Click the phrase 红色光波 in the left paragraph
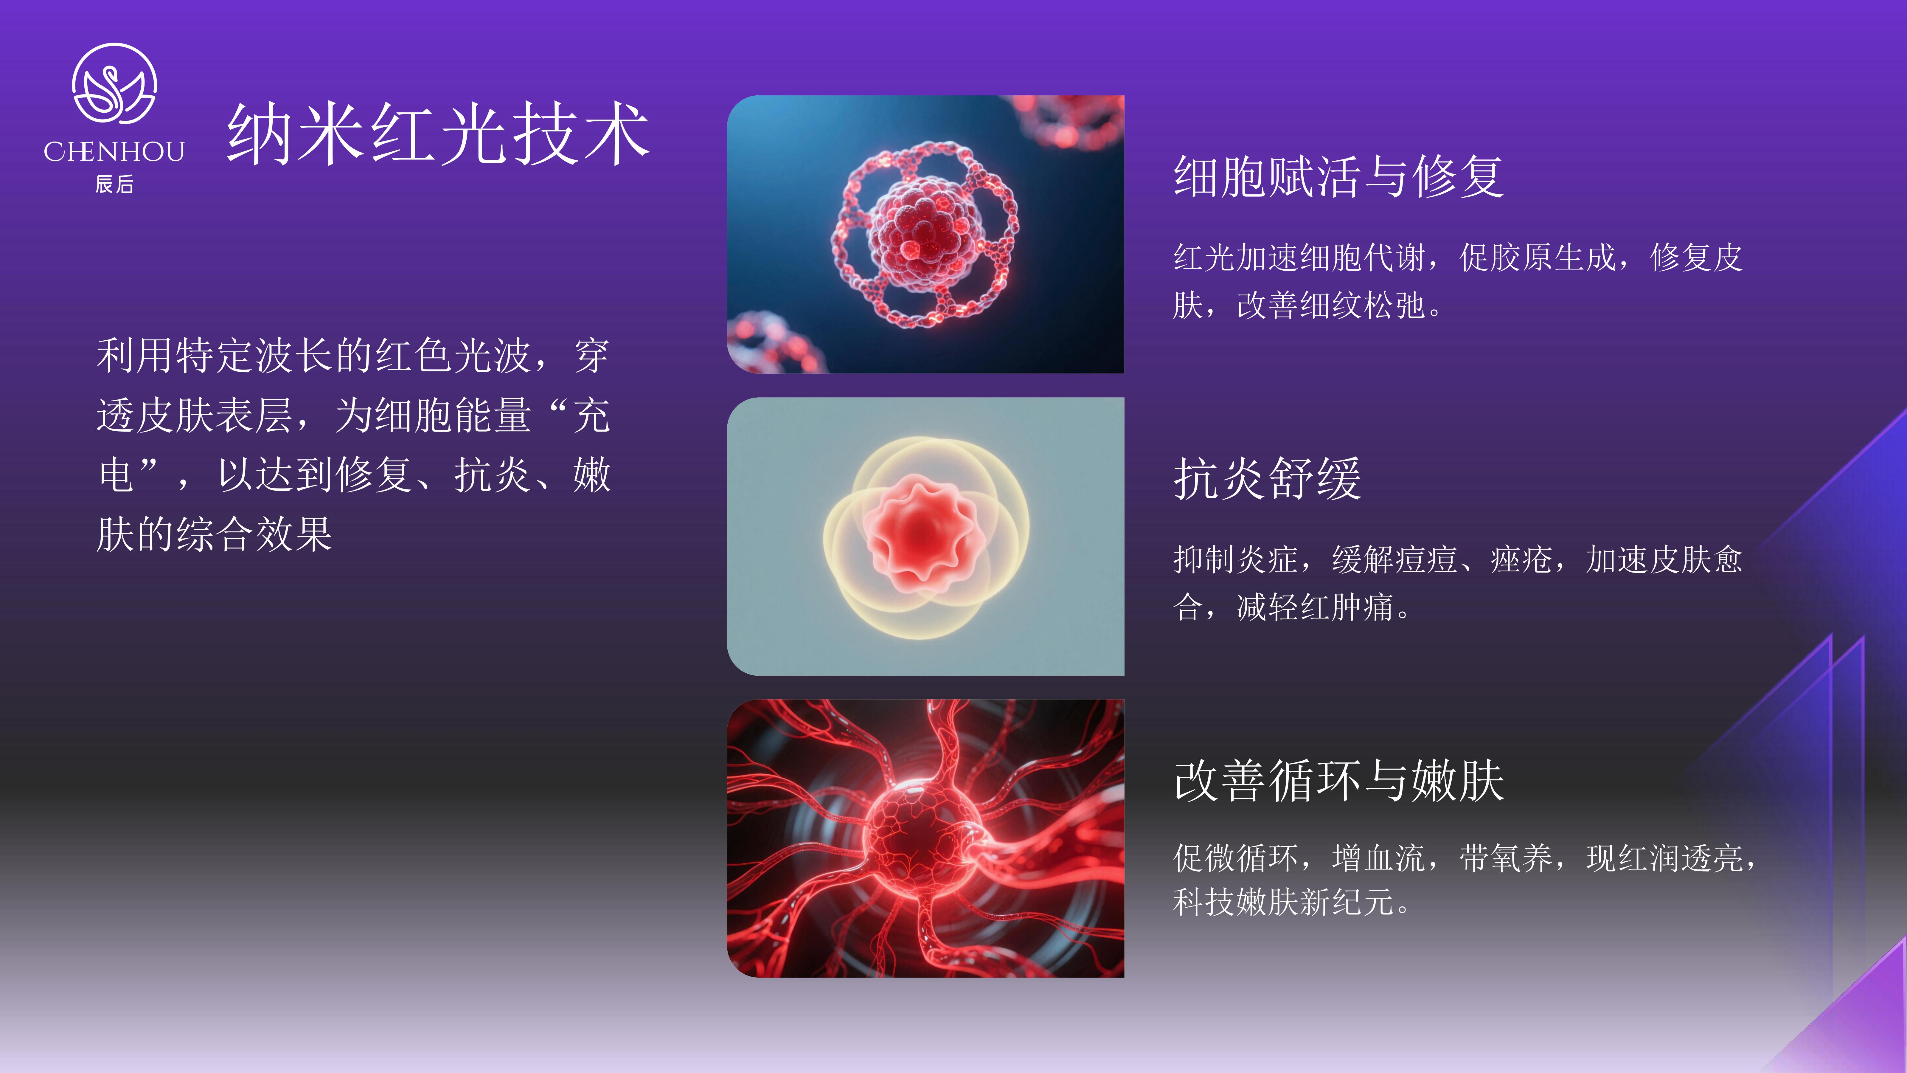pyautogui.click(x=453, y=356)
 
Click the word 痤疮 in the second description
pyautogui.click(x=1521, y=560)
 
